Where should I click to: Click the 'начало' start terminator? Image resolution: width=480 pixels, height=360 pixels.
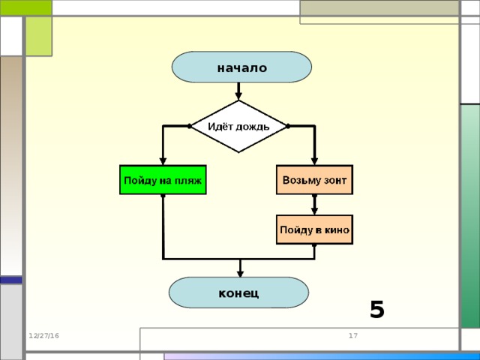click(x=241, y=67)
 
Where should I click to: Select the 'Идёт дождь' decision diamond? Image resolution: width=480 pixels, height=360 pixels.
click(x=238, y=126)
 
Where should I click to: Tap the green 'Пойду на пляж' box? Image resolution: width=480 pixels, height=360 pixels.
click(x=163, y=180)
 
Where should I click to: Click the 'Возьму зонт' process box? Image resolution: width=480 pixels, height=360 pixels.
click(x=314, y=180)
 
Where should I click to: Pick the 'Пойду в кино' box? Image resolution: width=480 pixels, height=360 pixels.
click(x=314, y=229)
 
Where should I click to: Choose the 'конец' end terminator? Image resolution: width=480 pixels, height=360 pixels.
click(x=238, y=292)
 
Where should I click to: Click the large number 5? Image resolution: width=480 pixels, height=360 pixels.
click(x=376, y=309)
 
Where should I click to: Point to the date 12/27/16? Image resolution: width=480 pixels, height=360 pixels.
click(x=43, y=335)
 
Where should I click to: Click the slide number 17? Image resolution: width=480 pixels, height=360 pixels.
click(x=352, y=335)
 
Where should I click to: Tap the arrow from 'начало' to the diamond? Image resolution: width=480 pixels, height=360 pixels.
click(x=238, y=91)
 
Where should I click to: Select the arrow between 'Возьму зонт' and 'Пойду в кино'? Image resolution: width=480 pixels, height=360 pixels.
click(x=314, y=205)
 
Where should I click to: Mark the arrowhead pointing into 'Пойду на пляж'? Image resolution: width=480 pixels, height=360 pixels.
click(x=163, y=160)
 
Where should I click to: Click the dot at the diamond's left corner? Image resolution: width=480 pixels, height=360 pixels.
click(x=189, y=126)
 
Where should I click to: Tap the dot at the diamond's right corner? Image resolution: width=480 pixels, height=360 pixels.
click(x=288, y=126)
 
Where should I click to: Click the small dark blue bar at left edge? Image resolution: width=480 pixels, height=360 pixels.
click(x=10, y=280)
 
